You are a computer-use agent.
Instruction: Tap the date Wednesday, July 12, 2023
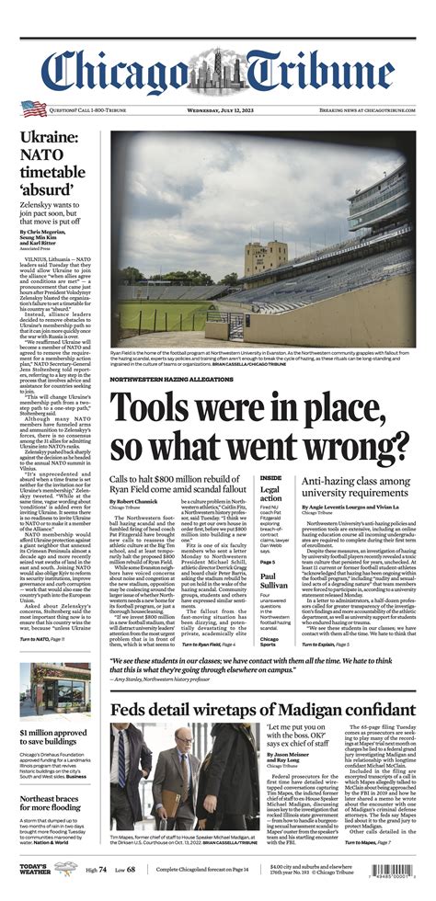point(217,109)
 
